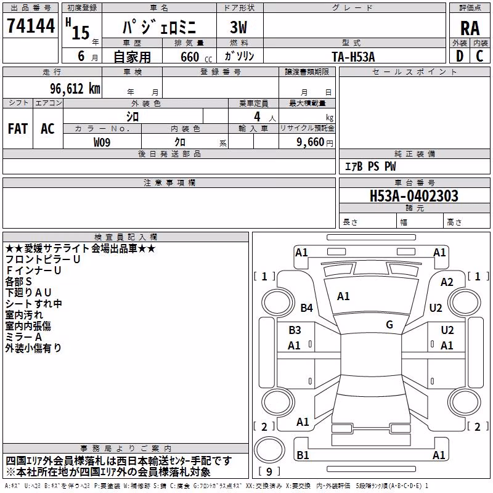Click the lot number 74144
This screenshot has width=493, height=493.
[31, 26]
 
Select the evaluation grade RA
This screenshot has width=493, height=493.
[470, 28]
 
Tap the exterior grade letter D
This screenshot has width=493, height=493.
[460, 56]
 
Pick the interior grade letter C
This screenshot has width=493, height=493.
[479, 56]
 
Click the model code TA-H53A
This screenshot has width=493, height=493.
[353, 57]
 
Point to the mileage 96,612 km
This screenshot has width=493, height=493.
[75, 89]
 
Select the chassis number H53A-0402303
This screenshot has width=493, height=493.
[414, 195]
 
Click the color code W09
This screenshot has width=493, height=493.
[102, 142]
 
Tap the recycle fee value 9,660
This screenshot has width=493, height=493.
[311, 142]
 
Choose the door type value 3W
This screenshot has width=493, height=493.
[238, 27]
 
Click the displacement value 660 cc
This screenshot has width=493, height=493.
[196, 57]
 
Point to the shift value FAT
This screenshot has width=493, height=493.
[18, 129]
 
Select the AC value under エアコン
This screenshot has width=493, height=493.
[47, 129]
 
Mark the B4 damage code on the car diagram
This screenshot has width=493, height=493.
[306, 308]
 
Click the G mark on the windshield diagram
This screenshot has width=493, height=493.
[389, 325]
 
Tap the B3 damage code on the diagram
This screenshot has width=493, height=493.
[295, 330]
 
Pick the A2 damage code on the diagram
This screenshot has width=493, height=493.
[447, 282]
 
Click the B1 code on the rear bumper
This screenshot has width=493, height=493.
[303, 455]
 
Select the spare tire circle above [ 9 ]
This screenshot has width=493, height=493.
[269, 450]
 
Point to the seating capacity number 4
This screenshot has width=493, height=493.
[257, 117]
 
